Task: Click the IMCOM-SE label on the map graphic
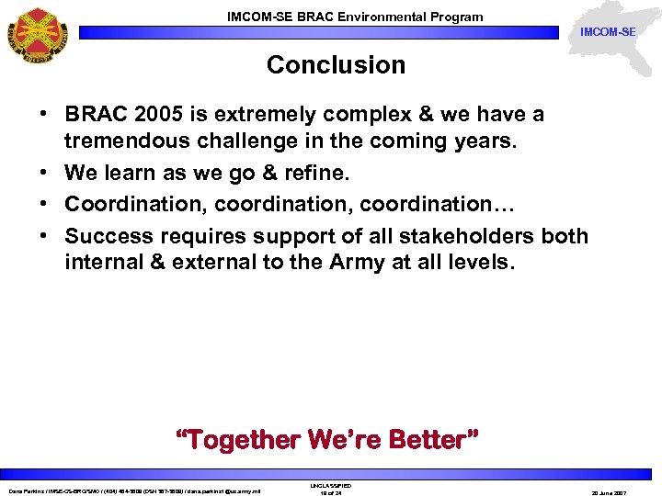[607, 33]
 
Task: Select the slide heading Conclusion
[336, 65]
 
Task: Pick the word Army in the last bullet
[305, 262]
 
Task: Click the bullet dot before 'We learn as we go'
[44, 174]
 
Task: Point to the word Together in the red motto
[245, 440]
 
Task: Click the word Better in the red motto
[434, 440]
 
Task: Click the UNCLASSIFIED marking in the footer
[330, 485]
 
